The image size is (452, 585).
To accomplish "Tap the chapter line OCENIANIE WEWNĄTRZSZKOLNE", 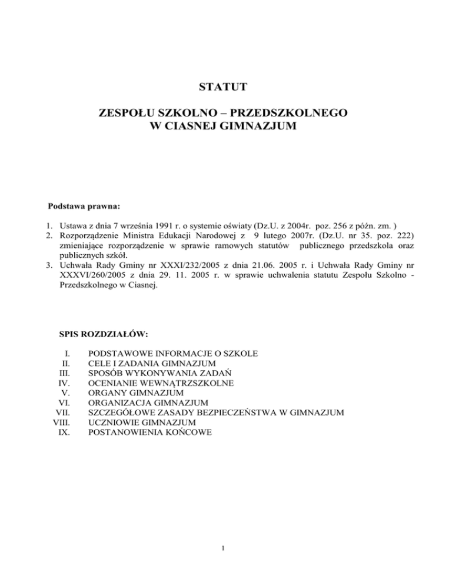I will point(161,383).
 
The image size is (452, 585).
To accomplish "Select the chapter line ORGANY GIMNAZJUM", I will point(136,393).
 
